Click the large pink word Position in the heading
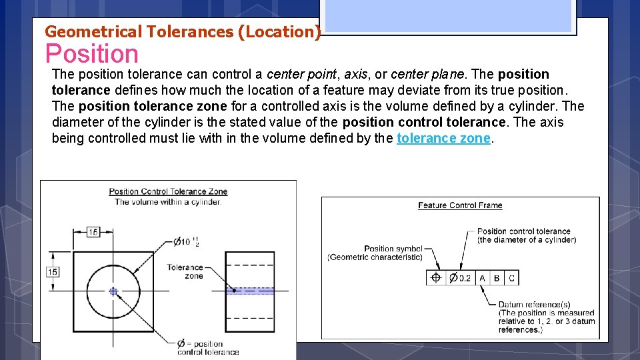[x=91, y=54]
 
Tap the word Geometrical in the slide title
[x=93, y=31]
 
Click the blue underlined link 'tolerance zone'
[x=443, y=138]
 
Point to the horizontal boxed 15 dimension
[x=93, y=232]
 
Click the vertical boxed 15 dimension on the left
[x=53, y=272]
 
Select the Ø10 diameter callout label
[x=186, y=241]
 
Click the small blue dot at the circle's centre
[x=113, y=291]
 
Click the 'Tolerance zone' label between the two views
[x=185, y=271]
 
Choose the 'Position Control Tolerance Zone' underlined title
[x=168, y=192]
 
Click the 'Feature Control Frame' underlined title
[x=460, y=205]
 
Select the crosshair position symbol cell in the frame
[x=436, y=278]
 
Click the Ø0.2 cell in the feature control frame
[x=460, y=278]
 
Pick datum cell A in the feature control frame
[x=482, y=278]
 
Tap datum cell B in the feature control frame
[x=497, y=278]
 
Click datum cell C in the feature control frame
[x=511, y=278]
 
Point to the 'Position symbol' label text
[x=393, y=249]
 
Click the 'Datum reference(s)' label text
[x=534, y=305]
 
